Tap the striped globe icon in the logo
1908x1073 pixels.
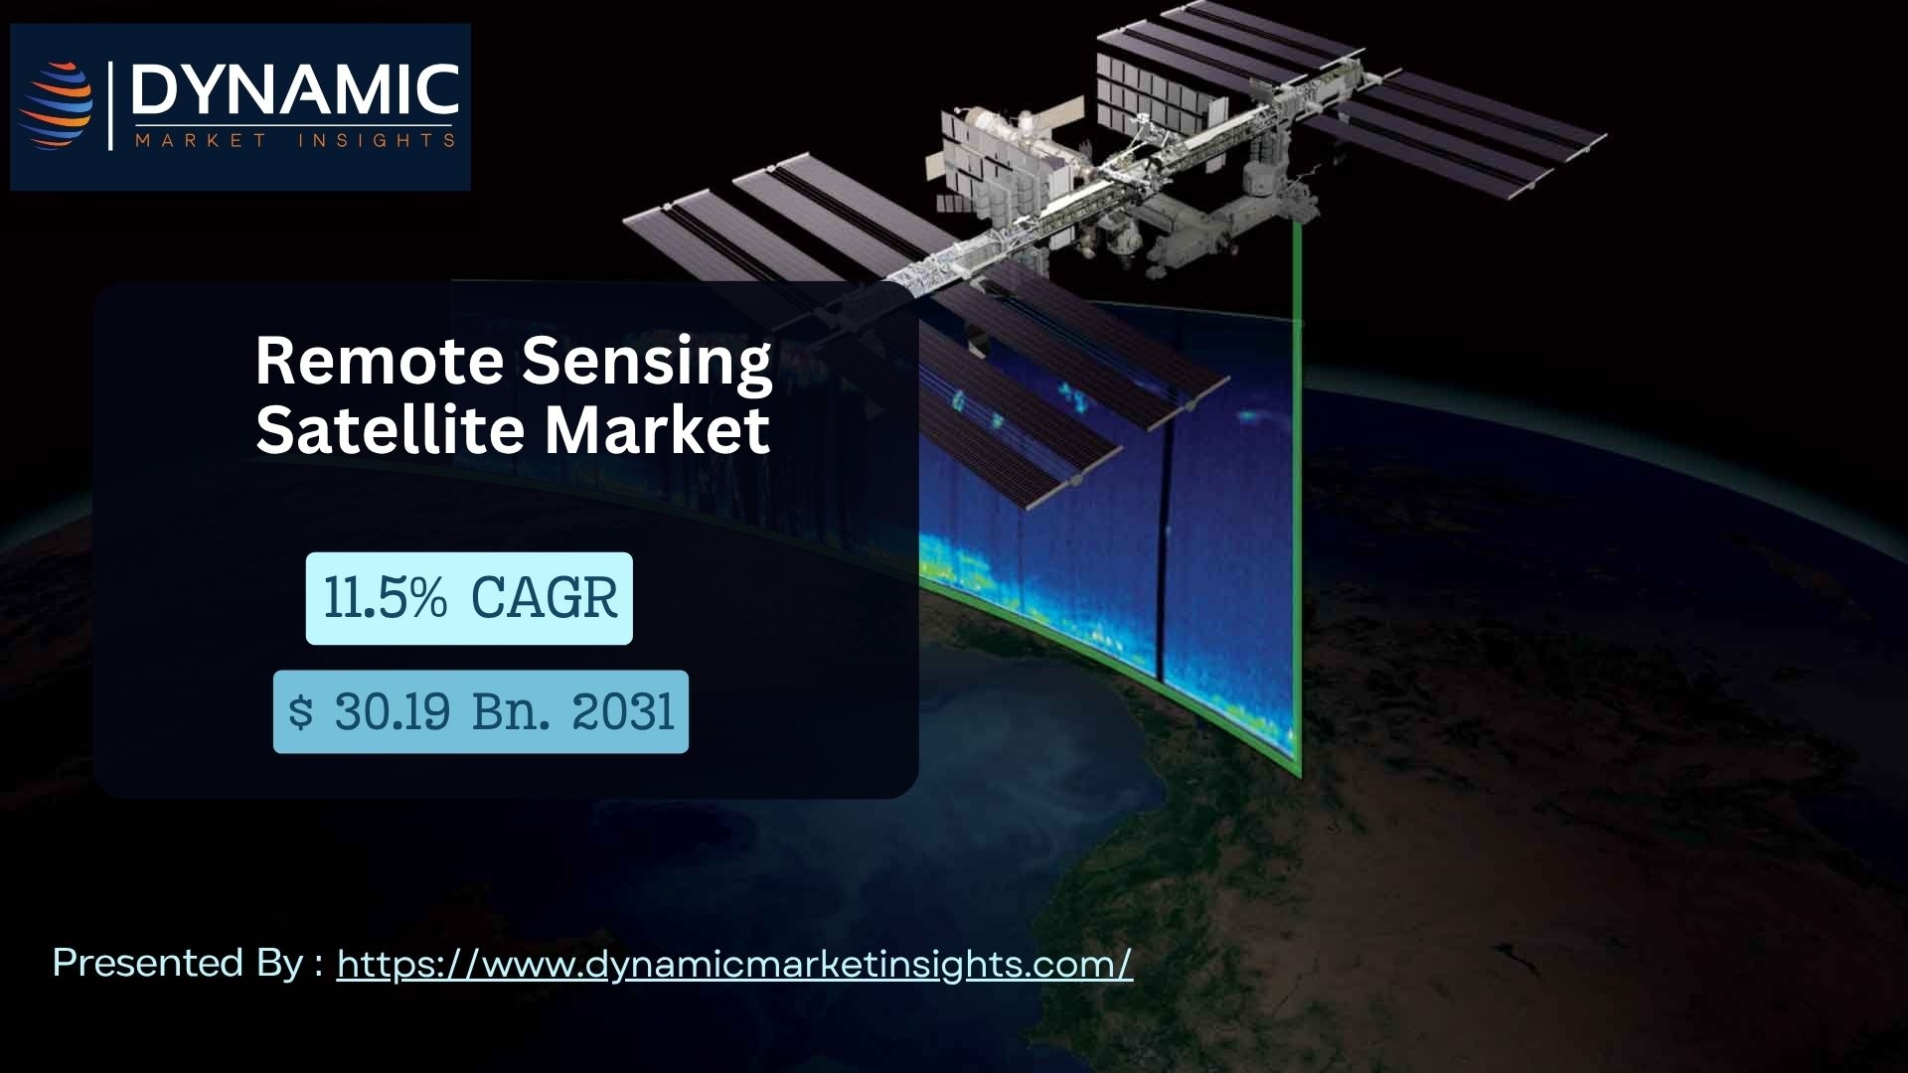tap(57, 106)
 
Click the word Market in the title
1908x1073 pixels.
tap(656, 429)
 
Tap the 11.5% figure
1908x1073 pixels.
tap(386, 599)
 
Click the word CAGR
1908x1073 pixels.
tap(544, 599)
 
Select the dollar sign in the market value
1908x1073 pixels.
tap(300, 712)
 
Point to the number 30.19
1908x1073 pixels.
tap(393, 712)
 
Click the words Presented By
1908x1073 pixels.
tap(177, 963)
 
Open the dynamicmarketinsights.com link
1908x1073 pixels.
tap(734, 965)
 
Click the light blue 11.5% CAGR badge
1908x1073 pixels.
tap(469, 598)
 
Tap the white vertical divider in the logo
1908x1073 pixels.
tap(112, 106)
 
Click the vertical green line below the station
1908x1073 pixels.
tap(1297, 497)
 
